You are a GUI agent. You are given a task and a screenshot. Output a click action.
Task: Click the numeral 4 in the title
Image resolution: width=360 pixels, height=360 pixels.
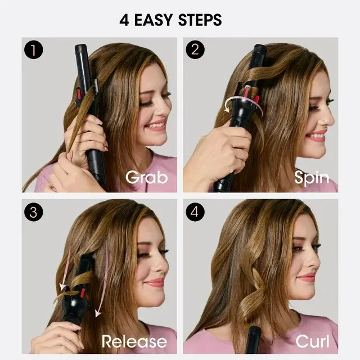click(124, 20)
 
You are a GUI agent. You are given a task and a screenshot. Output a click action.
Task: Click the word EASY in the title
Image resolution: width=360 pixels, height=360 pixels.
click(153, 20)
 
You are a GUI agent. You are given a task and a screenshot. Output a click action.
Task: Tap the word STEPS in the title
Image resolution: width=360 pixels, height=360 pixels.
click(200, 20)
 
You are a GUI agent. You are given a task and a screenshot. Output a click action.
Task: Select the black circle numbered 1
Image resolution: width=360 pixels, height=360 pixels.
click(34, 50)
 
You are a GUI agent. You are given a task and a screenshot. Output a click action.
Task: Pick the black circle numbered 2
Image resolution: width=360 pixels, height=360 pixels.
click(195, 50)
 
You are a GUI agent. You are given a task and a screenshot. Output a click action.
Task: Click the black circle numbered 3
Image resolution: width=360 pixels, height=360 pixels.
click(34, 212)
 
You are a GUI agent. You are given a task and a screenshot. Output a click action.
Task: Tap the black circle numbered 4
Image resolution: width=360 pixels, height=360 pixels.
click(195, 212)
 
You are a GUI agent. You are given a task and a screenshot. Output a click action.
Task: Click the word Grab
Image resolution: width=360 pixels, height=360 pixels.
click(147, 178)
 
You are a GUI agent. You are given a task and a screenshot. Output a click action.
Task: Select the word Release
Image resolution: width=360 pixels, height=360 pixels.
click(134, 341)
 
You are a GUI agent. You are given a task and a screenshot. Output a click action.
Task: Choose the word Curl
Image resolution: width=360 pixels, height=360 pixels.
click(312, 341)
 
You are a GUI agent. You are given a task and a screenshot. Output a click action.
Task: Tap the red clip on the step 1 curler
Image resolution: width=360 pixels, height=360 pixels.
click(79, 93)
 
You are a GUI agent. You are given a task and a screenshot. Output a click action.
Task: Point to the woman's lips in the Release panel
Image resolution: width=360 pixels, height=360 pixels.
click(155, 282)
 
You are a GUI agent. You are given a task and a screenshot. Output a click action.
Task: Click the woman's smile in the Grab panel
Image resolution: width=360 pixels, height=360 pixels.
click(157, 125)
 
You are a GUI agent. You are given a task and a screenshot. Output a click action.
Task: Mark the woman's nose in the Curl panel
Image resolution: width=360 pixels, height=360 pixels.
click(314, 261)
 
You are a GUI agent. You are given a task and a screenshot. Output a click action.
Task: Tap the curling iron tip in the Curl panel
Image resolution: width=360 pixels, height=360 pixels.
click(255, 330)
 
